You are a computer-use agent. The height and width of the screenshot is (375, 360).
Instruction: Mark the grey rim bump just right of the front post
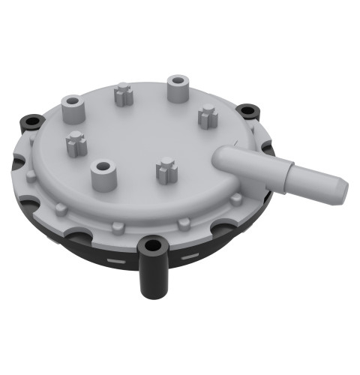click(184, 223)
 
